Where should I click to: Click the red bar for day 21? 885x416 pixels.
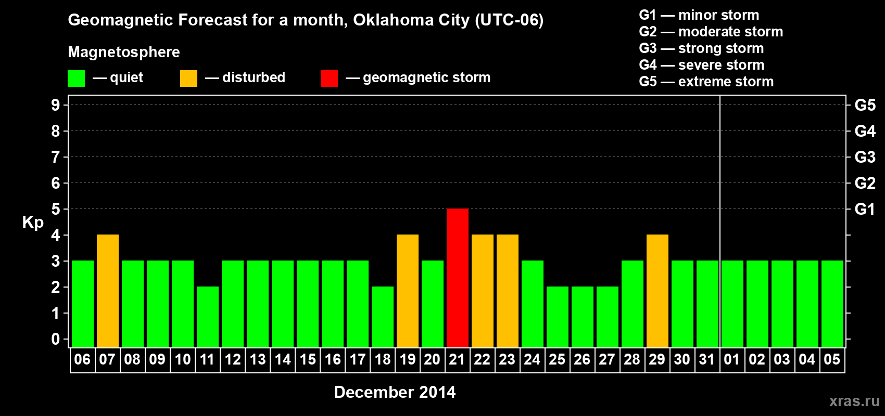[x=458, y=278]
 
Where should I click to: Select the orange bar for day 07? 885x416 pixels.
[x=108, y=291]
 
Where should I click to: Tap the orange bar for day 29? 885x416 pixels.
[x=658, y=291]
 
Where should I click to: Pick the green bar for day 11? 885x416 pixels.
[x=208, y=317]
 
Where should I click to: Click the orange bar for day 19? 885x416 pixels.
[x=408, y=291]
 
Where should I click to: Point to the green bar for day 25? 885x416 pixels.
[x=558, y=317]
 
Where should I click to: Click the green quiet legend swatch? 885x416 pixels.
[x=77, y=79]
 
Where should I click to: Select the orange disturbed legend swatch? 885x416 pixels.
[x=188, y=79]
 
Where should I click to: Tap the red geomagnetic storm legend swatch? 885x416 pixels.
[x=329, y=79]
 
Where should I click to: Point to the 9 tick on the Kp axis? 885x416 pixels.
[x=56, y=105]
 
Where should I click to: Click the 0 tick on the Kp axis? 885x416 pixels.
[x=56, y=340]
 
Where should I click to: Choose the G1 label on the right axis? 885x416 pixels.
[x=865, y=209]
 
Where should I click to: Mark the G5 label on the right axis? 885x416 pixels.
[x=865, y=105]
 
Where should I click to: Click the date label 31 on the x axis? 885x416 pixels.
[x=707, y=360]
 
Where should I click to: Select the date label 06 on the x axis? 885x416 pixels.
[x=82, y=360]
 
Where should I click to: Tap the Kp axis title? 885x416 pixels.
[x=33, y=223]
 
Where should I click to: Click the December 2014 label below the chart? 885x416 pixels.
[x=395, y=392]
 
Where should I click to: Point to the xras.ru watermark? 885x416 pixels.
[x=854, y=401]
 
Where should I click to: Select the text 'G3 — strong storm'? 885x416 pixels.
[x=701, y=48]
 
